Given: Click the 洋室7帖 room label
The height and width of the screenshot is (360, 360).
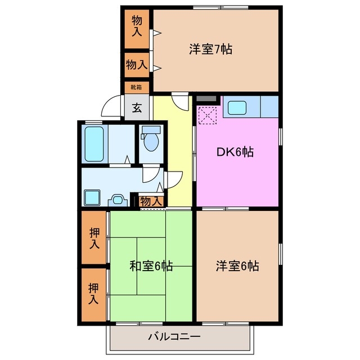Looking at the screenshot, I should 210,49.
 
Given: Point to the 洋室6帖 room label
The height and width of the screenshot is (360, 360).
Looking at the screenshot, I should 237,266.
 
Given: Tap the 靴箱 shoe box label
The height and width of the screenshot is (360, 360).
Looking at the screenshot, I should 137,87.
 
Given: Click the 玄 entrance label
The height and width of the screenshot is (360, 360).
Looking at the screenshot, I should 137,108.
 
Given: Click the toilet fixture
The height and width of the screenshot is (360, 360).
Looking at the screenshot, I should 151,139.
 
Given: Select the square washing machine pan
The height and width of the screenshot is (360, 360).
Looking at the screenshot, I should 91,197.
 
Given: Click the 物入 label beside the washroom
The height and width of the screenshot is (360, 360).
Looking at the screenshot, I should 150,201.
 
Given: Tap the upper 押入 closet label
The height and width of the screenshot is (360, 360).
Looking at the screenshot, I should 94,238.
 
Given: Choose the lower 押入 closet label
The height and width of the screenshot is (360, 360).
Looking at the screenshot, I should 94,294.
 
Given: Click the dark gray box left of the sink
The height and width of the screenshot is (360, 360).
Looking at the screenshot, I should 207,99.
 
